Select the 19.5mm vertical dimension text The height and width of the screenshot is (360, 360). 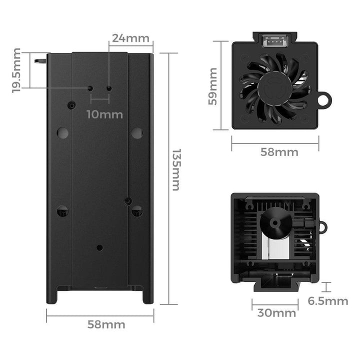point(16,70)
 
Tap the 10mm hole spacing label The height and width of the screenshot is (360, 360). point(104,114)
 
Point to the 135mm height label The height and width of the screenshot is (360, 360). point(175,169)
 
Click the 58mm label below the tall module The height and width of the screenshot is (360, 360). point(106,324)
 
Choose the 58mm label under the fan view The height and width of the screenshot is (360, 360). point(279,152)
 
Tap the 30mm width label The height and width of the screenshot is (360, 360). point(276,313)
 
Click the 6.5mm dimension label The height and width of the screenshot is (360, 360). point(328,300)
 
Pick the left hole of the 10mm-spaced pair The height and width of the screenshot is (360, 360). point(90,88)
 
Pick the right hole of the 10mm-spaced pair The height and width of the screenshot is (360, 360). point(109,88)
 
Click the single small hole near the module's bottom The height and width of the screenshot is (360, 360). point(99,247)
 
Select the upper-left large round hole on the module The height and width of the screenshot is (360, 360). point(62,132)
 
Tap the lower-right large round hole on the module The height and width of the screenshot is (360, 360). point(136,211)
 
